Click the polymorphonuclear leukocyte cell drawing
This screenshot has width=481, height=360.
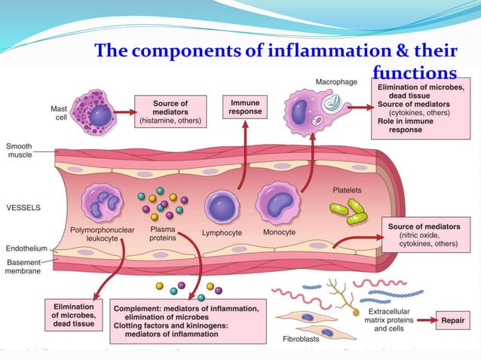click(104, 203)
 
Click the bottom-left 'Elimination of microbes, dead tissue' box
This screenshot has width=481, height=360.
click(73, 316)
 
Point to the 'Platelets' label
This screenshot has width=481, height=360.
click(348, 189)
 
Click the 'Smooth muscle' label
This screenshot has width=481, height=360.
click(20, 150)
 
